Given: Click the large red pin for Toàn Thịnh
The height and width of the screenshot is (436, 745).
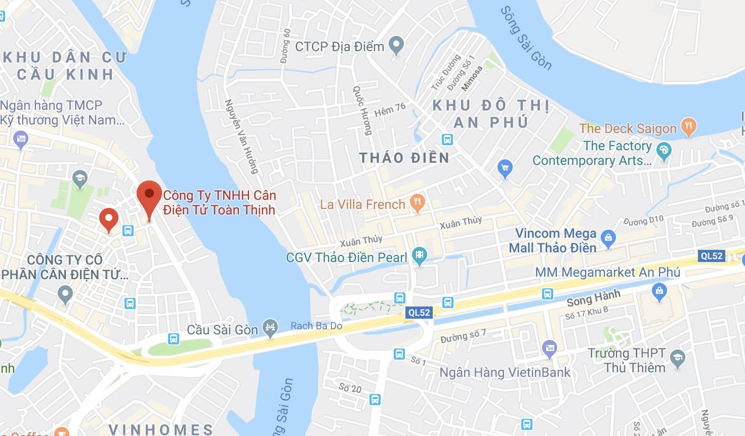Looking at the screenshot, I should (149, 195).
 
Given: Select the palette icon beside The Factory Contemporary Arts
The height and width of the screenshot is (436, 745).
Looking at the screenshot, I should (663, 150).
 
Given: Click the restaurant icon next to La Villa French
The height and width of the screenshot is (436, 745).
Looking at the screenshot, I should (418, 203).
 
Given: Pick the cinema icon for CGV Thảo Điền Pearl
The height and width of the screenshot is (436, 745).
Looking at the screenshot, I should (419, 256).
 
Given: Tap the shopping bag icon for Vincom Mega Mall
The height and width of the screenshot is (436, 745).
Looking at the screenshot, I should (609, 236).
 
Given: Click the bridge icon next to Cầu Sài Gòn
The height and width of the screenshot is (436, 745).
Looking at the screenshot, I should (270, 329).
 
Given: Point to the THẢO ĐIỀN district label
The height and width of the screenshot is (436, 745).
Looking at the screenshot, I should (404, 158).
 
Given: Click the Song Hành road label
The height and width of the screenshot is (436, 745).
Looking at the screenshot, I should (593, 298).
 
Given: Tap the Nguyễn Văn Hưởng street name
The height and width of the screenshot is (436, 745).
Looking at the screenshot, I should (242, 137).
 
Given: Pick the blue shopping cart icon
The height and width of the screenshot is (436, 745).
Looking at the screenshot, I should (505, 168).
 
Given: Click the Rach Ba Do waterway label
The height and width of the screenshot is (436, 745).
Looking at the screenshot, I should (316, 326).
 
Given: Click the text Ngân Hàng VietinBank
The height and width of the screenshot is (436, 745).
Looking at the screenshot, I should (505, 373).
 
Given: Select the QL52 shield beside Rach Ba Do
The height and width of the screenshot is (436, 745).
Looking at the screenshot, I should (419, 313).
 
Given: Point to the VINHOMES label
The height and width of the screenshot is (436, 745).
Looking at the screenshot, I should (160, 429).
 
